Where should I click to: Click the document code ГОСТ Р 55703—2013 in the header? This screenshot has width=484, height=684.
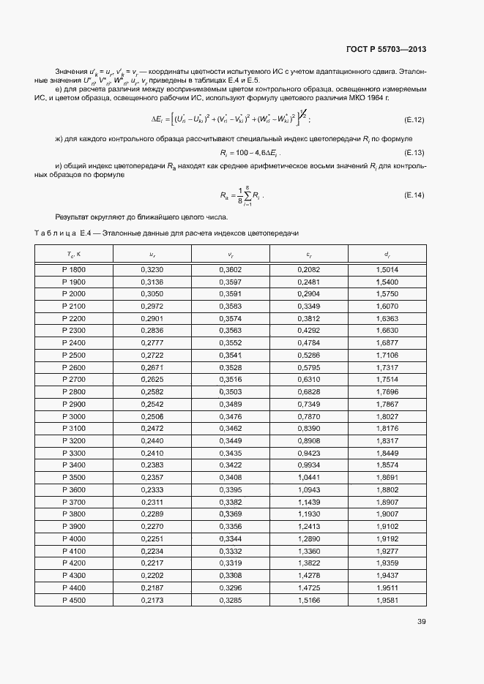(386, 50)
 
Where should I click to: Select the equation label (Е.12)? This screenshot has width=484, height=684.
(414, 119)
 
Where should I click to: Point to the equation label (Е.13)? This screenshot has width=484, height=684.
(414, 153)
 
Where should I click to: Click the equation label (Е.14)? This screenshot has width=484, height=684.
(414, 195)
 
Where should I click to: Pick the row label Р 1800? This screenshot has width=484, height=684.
(74, 270)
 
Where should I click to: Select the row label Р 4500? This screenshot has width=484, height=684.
(74, 601)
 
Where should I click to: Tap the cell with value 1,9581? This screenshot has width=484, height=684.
(386, 601)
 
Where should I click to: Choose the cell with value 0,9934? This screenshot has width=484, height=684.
(309, 465)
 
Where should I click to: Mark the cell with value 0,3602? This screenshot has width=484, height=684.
(231, 270)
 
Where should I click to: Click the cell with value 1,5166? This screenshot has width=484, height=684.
(309, 601)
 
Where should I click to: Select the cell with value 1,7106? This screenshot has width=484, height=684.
(386, 355)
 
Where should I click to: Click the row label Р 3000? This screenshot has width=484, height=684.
(74, 416)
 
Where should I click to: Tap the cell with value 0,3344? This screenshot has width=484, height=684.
(231, 539)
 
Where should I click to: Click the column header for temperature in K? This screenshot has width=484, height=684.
(74, 254)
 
